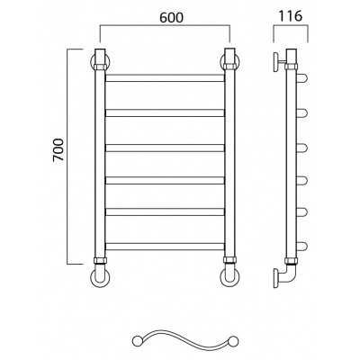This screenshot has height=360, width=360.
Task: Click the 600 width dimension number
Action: tap(171, 18)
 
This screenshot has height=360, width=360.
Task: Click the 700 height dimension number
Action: tap(58, 150)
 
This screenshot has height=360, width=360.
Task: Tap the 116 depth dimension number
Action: tap(290, 16)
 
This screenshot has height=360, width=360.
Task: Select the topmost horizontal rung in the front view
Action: tap(165, 78)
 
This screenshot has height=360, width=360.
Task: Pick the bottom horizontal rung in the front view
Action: tap(165, 247)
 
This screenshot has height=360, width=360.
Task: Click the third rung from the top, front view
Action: tap(165, 148)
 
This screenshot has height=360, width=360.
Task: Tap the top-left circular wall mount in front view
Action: tap(92, 62)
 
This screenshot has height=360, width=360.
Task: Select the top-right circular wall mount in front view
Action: tap(238, 62)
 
